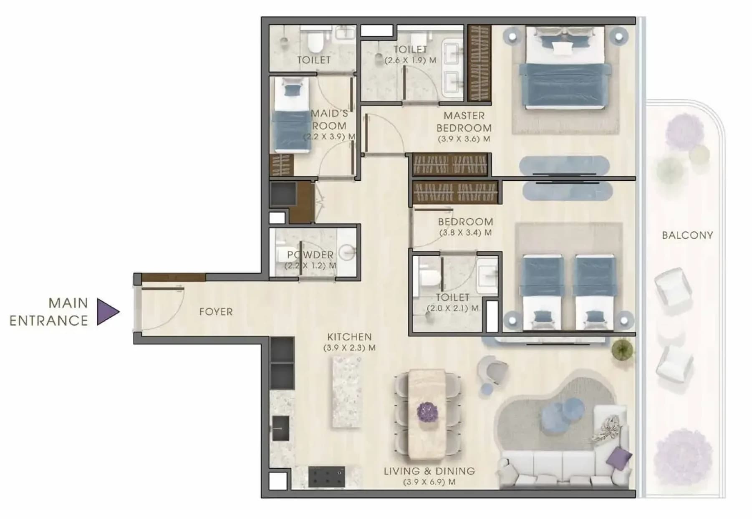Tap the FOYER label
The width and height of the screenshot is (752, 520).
click(216, 312)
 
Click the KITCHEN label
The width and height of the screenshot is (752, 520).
click(349, 337)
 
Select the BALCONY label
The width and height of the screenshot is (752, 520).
click(687, 235)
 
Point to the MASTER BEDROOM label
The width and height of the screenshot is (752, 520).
click(464, 122)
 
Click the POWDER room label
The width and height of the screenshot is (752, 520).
click(310, 255)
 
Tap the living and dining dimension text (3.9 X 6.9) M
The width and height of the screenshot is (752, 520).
click(429, 482)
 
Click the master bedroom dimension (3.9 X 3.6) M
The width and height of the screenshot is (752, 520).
click(464, 139)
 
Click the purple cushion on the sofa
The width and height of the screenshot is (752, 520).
click(618, 458)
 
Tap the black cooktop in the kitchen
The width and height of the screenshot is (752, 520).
click(326, 477)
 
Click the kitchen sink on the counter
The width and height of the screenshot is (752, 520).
click(280, 428)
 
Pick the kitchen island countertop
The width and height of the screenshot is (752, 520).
click(346, 393)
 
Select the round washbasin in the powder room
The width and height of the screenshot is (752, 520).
click(346, 252)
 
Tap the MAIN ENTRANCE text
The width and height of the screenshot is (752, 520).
click(49, 312)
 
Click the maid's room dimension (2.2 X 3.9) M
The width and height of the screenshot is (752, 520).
click(329, 136)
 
